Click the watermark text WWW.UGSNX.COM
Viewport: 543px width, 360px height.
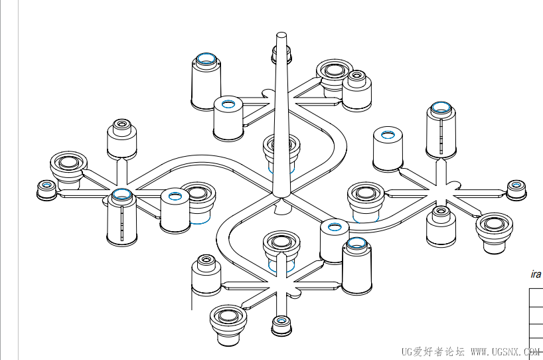pyautogui.click(x=504, y=351)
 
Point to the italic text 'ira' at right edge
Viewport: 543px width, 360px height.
pyautogui.click(x=536, y=274)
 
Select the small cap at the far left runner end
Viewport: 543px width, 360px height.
pyautogui.click(x=46, y=189)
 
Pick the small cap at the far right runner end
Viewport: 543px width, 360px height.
pyautogui.click(x=516, y=189)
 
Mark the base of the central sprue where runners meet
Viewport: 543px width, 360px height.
pyautogui.click(x=281, y=197)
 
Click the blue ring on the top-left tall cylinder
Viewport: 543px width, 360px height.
pyautogui.click(x=206, y=59)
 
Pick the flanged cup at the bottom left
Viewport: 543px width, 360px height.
pyautogui.click(x=228, y=325)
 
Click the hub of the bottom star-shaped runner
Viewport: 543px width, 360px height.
pyautogui.click(x=281, y=287)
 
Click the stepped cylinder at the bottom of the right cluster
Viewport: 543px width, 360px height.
pyautogui.click(x=440, y=225)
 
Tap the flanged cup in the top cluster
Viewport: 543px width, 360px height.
pyautogui.click(x=333, y=74)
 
